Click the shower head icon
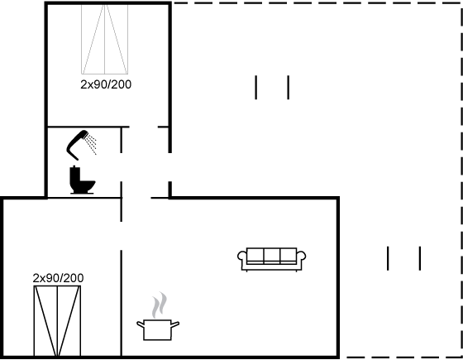78,144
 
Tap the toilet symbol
82,180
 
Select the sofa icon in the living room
272,260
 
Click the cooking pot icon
158,330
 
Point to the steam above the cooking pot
160,305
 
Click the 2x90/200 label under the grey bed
106,84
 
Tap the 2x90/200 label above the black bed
58,278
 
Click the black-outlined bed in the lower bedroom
57,321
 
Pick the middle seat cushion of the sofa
272,256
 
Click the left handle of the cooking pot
141,324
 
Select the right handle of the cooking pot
175,324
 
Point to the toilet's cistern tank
74,175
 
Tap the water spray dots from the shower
91,145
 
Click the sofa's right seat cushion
289,256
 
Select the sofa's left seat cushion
255,256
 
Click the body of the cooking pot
158,330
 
